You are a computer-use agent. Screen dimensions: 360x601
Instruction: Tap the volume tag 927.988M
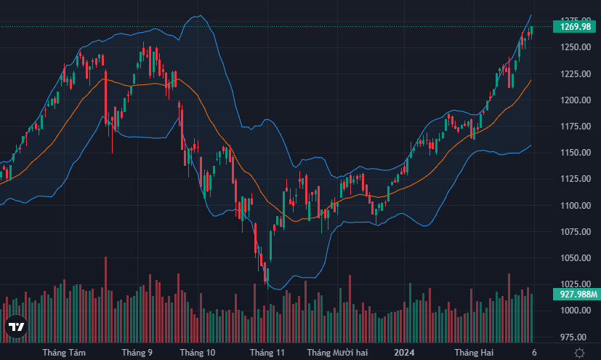[575, 295]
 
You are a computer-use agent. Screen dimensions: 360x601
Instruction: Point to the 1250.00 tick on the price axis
[574, 47]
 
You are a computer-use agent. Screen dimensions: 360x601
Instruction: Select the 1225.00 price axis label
[574, 73]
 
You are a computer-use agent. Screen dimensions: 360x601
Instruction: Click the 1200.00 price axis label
[574, 100]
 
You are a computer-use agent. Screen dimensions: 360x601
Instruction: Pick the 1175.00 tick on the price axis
[574, 127]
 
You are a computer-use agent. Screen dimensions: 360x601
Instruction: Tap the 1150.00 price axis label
[574, 153]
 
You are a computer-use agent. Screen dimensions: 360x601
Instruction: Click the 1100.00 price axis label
[574, 206]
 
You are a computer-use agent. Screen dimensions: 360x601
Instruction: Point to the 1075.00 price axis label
[574, 232]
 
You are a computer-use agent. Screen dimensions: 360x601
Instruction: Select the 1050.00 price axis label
[574, 258]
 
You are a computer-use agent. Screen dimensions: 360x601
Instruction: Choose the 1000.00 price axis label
[574, 311]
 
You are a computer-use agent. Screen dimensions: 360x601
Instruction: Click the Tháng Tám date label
[64, 353]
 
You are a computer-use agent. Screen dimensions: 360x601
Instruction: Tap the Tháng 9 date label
[137, 353]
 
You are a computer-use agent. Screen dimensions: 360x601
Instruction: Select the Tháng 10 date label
[198, 353]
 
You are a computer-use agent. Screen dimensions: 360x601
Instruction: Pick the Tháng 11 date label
[267, 353]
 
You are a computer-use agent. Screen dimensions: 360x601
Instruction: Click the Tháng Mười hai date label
[338, 353]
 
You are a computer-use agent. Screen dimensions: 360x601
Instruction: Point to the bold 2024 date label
[404, 353]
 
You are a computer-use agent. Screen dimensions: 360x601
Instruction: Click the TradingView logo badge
[16, 328]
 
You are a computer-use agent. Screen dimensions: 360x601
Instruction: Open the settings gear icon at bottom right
[579, 353]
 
